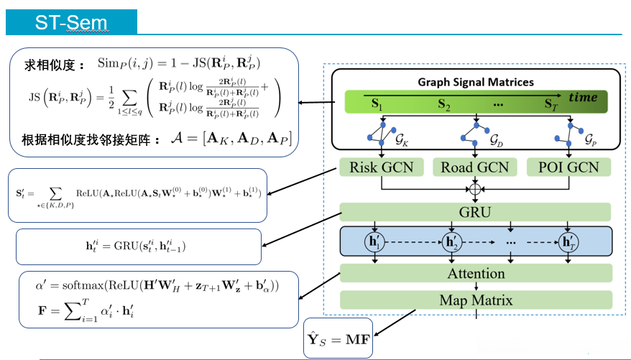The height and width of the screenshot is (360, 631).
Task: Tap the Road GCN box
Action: (475, 168)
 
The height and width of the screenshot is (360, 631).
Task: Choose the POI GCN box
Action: (569, 168)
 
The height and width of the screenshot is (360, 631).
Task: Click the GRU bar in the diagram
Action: (475, 212)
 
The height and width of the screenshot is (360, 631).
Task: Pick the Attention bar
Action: (476, 273)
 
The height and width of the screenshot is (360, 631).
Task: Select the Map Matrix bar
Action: (476, 300)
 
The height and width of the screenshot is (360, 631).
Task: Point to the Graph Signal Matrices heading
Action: (476, 82)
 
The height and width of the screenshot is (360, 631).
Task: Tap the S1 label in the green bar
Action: (377, 103)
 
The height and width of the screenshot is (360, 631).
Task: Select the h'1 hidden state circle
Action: (375, 242)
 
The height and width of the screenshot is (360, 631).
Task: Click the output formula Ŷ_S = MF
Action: (339, 336)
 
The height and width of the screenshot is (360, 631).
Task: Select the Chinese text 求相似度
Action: (48, 63)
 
